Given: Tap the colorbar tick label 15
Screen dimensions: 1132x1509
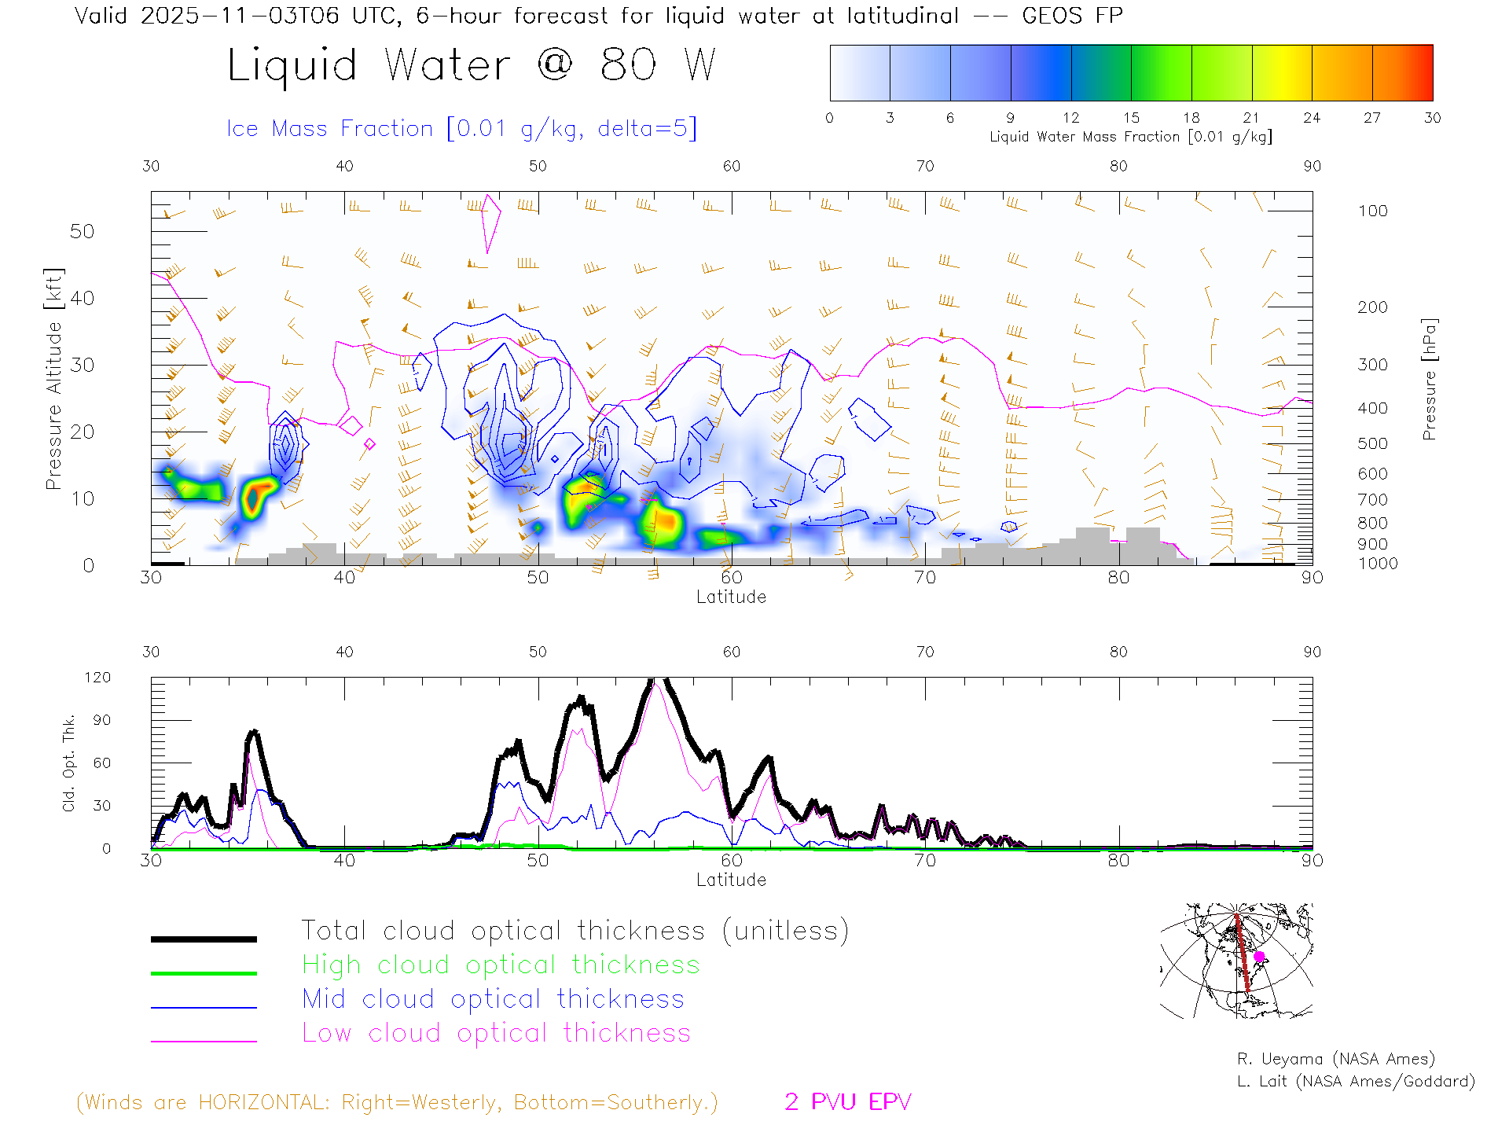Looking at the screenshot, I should (x=1131, y=118).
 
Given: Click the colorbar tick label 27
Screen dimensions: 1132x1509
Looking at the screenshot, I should (x=1372, y=118).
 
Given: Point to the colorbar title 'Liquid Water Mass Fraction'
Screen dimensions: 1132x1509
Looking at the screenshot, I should (x=1085, y=137).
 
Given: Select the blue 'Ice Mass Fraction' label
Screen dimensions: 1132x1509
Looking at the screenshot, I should (x=330, y=128).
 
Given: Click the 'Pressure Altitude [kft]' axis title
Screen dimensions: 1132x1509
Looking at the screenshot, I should (x=53, y=379).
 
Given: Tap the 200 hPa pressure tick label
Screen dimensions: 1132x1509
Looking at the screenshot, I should (x=1372, y=307).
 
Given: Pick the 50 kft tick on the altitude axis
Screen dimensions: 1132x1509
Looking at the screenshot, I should (x=82, y=231).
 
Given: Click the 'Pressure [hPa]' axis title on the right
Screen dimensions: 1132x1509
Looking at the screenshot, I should (x=1430, y=379).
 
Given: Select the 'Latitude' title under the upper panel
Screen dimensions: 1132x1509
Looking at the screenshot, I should (x=731, y=597).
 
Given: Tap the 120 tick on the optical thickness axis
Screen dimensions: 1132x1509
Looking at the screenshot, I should (x=97, y=678).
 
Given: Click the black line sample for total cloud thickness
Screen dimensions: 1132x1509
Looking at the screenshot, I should (x=204, y=939).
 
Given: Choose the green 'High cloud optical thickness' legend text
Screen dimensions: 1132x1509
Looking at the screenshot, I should (x=501, y=965).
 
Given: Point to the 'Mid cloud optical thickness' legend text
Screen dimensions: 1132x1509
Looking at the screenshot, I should (x=493, y=999).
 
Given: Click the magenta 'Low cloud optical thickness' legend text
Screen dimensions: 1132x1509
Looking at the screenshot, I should (x=496, y=1033).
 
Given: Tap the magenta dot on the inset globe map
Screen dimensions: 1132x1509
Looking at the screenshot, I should (x=1259, y=957).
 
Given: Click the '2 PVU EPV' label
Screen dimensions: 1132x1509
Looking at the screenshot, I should (x=847, y=1102).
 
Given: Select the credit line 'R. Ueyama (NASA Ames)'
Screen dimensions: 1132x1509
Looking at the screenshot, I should (x=1335, y=1059).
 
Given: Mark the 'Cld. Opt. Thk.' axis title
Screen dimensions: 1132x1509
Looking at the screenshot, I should (x=69, y=763).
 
